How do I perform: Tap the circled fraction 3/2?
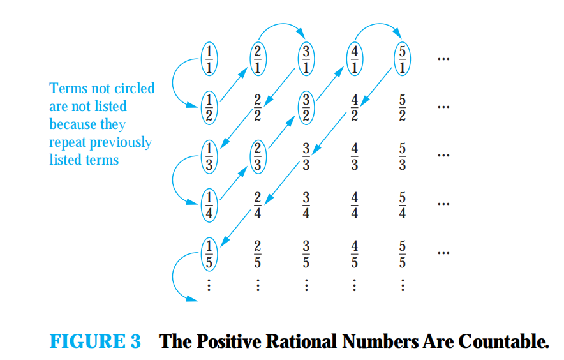click(307, 107)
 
